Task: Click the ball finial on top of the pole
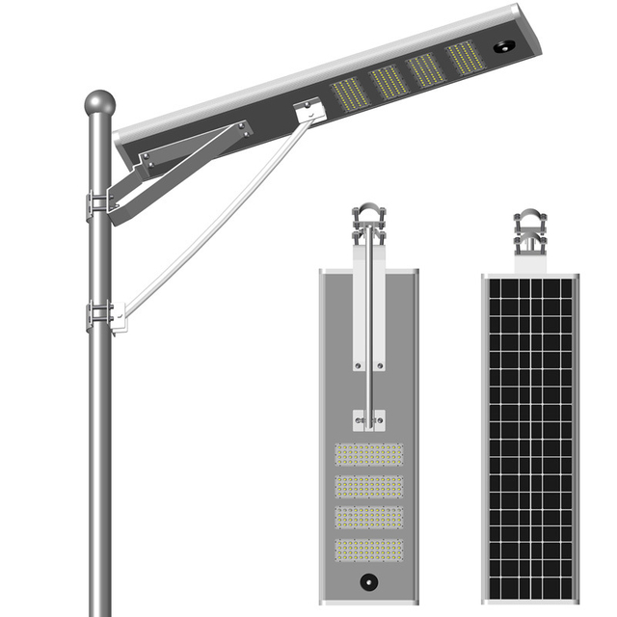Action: click(99, 102)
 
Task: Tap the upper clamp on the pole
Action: click(99, 203)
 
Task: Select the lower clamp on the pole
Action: click(100, 314)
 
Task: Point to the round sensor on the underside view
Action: click(367, 581)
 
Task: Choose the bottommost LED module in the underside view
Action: click(367, 551)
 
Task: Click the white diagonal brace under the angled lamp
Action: click(212, 222)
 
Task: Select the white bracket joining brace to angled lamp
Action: click(307, 115)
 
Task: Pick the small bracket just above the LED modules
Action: click(367, 419)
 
